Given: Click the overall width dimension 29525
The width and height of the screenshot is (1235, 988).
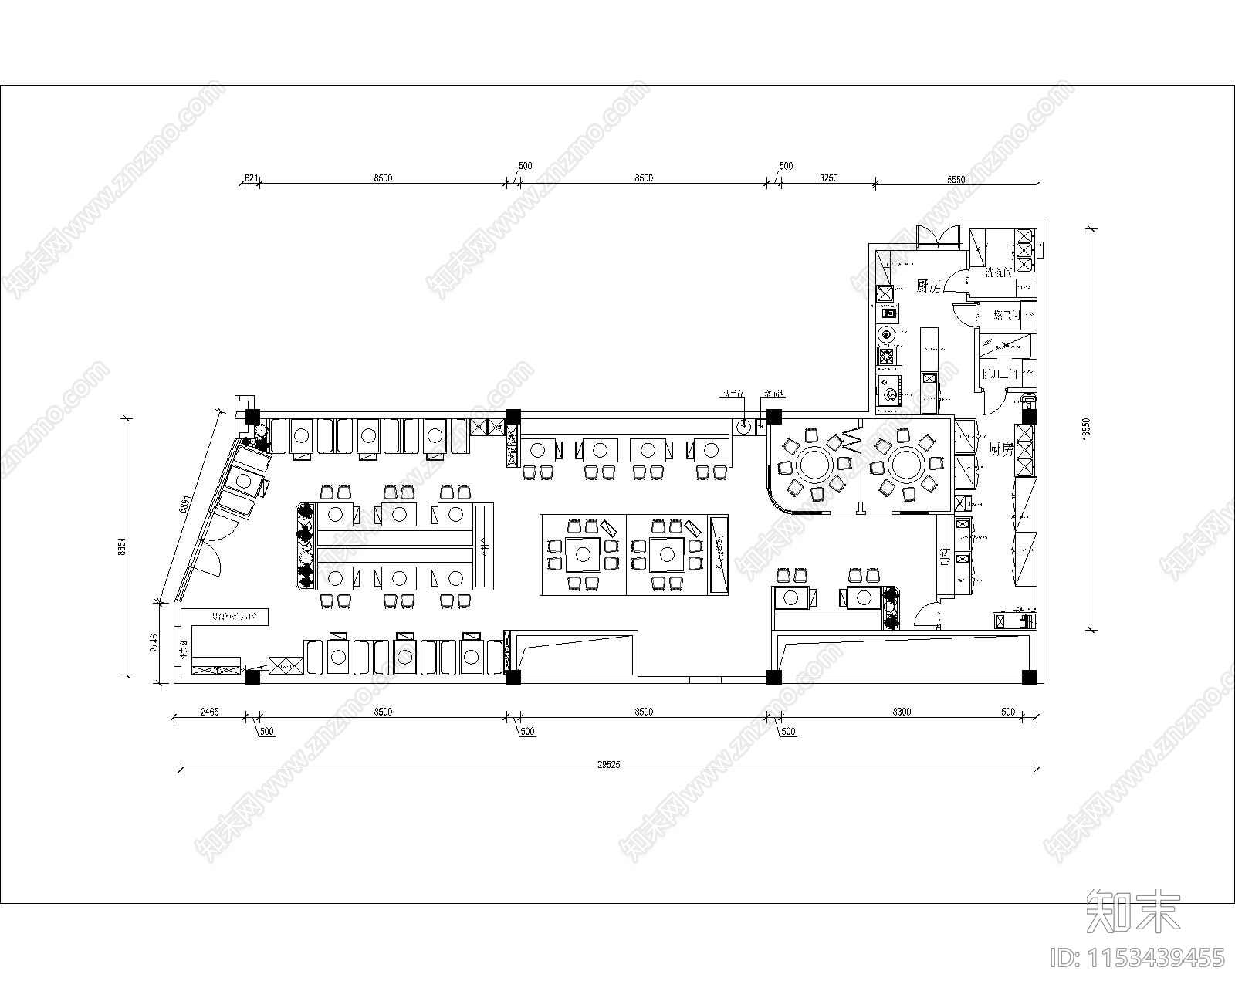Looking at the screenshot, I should [608, 765].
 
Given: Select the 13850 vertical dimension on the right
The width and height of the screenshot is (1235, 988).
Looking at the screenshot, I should [1086, 429].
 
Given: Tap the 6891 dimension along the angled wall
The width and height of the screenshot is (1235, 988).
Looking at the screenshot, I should [184, 503].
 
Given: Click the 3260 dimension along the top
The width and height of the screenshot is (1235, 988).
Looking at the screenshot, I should [827, 178].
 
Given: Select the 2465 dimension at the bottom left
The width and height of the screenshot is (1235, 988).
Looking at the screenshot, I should [209, 712].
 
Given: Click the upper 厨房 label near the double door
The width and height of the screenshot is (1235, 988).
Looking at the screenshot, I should [929, 286].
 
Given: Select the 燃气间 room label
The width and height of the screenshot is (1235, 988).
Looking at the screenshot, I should [1006, 314].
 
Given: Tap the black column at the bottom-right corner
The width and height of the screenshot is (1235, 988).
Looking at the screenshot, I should [1028, 678].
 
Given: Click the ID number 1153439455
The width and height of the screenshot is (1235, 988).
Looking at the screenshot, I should [1138, 958].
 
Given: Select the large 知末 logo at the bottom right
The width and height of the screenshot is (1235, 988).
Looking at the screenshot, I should [1133, 912].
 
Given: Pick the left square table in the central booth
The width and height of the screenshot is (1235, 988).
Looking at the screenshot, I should [581, 553].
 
